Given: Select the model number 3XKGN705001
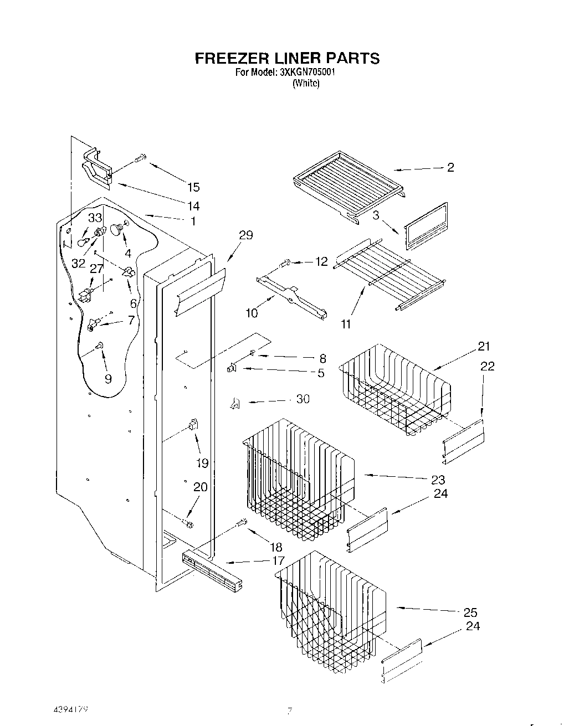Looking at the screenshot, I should pyautogui.click(x=300, y=73).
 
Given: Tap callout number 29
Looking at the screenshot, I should pyautogui.click(x=245, y=235).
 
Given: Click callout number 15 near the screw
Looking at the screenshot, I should pyautogui.click(x=193, y=187).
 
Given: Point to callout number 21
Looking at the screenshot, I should pyautogui.click(x=484, y=347).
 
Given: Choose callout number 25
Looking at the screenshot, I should pyautogui.click(x=470, y=612).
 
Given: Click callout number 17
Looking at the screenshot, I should pyautogui.click(x=278, y=560).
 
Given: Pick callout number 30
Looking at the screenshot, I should pyautogui.click(x=303, y=399).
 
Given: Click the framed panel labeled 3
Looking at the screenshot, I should pyautogui.click(x=426, y=227).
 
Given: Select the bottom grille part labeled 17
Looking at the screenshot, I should pyautogui.click(x=212, y=569).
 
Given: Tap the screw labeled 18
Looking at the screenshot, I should pyautogui.click(x=241, y=522).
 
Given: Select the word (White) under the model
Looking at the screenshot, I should pyautogui.click(x=306, y=84).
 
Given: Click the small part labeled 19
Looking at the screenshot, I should pyautogui.click(x=193, y=424).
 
